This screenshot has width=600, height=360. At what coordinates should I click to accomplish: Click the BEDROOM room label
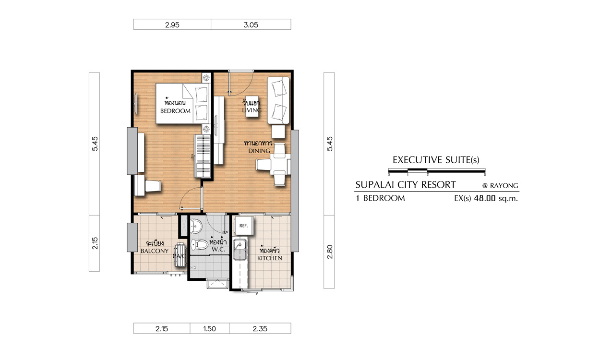[175, 111]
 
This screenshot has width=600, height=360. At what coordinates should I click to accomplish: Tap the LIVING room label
[252, 110]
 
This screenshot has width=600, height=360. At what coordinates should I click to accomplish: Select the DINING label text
[259, 151]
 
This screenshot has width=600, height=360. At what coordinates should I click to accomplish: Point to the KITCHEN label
[269, 258]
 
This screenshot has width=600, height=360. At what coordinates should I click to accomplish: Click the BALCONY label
[155, 251]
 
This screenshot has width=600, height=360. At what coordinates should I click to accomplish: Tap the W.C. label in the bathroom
[218, 250]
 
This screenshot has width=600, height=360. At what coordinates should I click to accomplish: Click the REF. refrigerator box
[243, 226]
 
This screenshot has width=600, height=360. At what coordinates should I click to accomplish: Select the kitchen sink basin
[240, 250]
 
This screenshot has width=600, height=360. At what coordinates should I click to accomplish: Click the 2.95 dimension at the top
[172, 25]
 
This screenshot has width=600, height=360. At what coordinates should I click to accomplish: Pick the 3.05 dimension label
[251, 25]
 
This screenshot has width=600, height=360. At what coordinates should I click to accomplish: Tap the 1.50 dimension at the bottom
[209, 329]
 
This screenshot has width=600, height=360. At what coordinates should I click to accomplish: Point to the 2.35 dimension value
[260, 329]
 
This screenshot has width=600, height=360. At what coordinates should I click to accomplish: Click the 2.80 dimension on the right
[330, 252]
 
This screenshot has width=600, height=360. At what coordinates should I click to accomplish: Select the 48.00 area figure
[484, 199]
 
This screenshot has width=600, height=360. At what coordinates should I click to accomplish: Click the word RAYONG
[504, 186]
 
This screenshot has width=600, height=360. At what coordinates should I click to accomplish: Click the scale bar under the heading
[437, 170]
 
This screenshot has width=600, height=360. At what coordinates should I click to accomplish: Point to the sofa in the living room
[278, 100]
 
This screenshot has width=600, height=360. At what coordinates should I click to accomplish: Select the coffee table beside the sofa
[252, 106]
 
